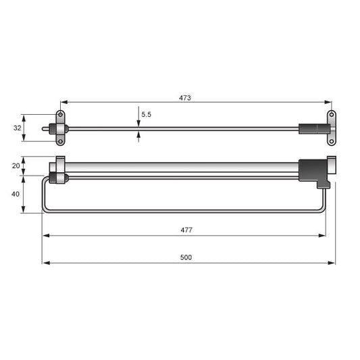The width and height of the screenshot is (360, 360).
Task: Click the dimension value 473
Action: click(185, 98)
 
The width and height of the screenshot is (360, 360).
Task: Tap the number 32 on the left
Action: click(17, 127)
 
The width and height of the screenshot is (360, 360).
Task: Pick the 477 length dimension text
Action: click(186, 230)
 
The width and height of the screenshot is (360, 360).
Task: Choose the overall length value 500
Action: click(186, 257)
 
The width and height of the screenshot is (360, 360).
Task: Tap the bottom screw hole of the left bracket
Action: click(60, 141)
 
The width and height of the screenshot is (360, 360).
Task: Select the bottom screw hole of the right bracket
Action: click(332, 140)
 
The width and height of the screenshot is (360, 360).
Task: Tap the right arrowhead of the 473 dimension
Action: click(328, 103)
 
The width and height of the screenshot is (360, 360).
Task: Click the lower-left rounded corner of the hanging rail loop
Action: click(45, 210)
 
